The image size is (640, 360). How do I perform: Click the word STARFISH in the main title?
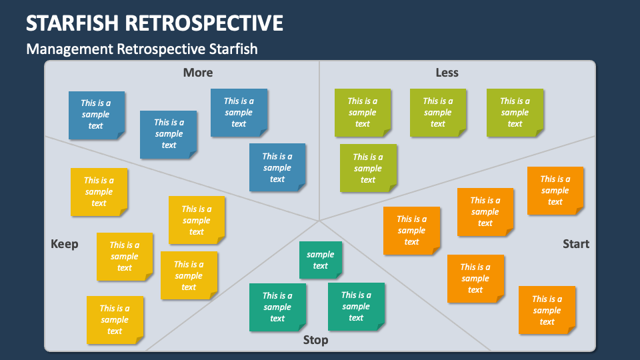pyautogui.click(x=73, y=23)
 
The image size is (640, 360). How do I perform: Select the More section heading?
pyautogui.click(x=198, y=73)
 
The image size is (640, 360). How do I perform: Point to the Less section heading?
pyautogui.click(x=447, y=73)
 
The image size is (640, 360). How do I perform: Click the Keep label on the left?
pyautogui.click(x=65, y=244)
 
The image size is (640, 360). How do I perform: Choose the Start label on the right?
pyautogui.click(x=575, y=244)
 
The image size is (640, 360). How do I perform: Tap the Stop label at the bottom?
pyautogui.click(x=315, y=340)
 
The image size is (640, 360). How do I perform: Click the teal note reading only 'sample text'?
pyautogui.click(x=321, y=260)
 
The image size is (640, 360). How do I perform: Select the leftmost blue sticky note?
pyautogui.click(x=97, y=115)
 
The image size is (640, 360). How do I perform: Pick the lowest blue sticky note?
pyautogui.click(x=277, y=167)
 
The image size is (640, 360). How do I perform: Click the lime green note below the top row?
pyautogui.click(x=368, y=169)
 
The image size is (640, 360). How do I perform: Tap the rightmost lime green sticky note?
pyautogui.click(x=515, y=113)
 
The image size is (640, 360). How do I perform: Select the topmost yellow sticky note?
pyautogui.click(x=99, y=192)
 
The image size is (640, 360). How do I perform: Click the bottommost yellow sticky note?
pyautogui.click(x=115, y=319)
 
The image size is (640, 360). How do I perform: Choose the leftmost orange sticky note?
pyautogui.click(x=411, y=230)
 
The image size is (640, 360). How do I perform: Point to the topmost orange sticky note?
pyautogui.click(x=555, y=191)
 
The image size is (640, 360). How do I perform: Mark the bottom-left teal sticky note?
pyautogui.click(x=277, y=307)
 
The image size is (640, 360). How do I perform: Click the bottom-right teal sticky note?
pyautogui.click(x=356, y=307)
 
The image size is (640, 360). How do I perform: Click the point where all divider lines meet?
pyautogui.click(x=319, y=220)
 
